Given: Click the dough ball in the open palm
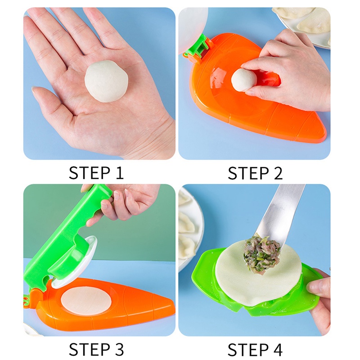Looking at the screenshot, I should click(107, 81).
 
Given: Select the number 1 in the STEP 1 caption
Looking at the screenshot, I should click(119, 173).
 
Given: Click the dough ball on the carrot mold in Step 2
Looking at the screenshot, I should click(243, 81).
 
